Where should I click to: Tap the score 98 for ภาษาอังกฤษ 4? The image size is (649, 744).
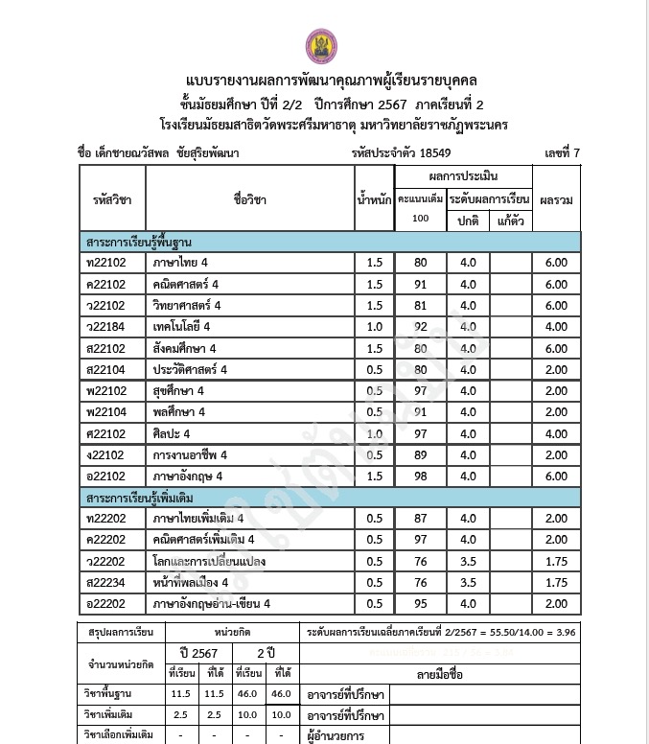(420, 477)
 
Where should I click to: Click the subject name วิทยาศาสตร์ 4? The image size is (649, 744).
(186, 306)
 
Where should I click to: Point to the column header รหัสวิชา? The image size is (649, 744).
(112, 199)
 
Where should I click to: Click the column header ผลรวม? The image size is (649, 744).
(556, 199)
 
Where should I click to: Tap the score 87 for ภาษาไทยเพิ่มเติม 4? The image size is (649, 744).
(420, 520)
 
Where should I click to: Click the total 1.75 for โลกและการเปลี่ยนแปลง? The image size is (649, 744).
(556, 562)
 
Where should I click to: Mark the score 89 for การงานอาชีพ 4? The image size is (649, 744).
(420, 455)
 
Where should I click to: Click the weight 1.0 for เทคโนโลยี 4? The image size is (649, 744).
(374, 327)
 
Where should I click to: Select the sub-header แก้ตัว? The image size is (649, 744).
(511, 221)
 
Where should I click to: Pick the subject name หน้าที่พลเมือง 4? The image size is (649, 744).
(190, 583)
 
